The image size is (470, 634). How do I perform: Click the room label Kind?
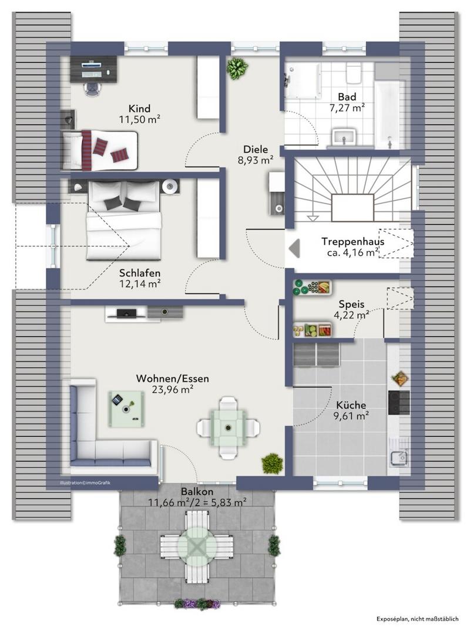point(139,109)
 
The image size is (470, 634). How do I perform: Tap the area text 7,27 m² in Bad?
point(347,108)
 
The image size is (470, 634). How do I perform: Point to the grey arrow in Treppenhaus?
point(294,248)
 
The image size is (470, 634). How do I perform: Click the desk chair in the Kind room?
point(93,87)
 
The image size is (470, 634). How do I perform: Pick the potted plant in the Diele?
point(237,68)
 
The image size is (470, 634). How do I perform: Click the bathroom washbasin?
point(344,136)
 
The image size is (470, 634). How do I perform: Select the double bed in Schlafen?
point(124,220)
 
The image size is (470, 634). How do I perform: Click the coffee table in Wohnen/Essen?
point(126,409)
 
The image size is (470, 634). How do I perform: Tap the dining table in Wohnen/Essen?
point(229,428)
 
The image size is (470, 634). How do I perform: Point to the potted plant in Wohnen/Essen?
point(273,463)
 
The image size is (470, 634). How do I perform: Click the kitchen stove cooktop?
point(399,402)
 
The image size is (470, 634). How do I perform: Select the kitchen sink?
point(399,457)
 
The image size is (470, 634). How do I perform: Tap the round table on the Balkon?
point(197,547)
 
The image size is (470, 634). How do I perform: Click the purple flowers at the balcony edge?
point(197,604)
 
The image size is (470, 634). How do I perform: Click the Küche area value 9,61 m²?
point(351,416)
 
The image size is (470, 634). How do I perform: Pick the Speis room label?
point(351,304)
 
